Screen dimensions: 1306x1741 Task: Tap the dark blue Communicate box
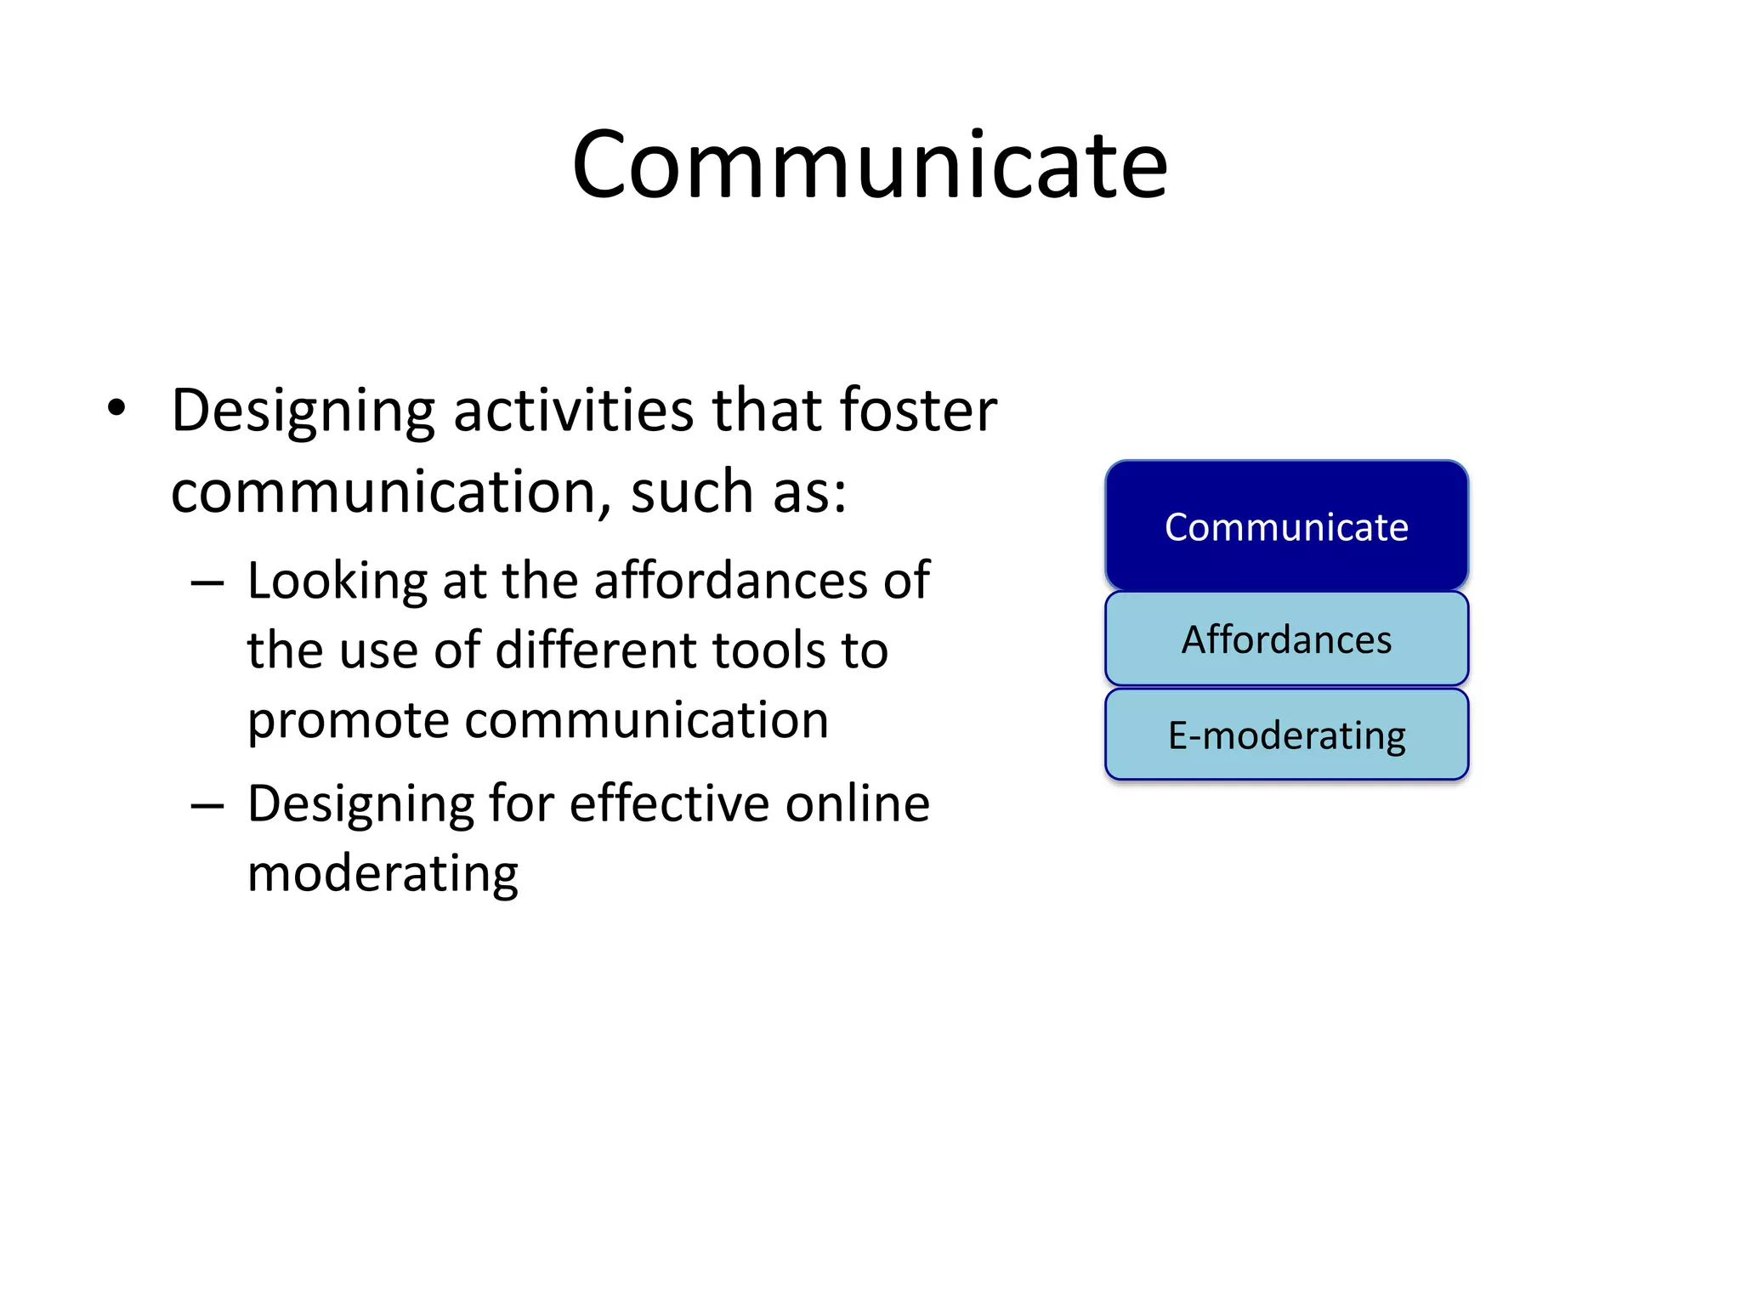(1286, 526)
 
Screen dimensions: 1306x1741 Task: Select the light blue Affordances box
(1286, 639)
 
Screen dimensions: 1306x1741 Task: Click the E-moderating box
(1286, 735)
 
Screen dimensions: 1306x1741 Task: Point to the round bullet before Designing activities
(116, 409)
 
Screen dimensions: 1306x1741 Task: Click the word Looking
(337, 582)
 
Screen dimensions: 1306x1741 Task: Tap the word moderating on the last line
(383, 874)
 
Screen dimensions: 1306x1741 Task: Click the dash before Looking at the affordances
(207, 584)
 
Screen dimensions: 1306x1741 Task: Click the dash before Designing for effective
(207, 805)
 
